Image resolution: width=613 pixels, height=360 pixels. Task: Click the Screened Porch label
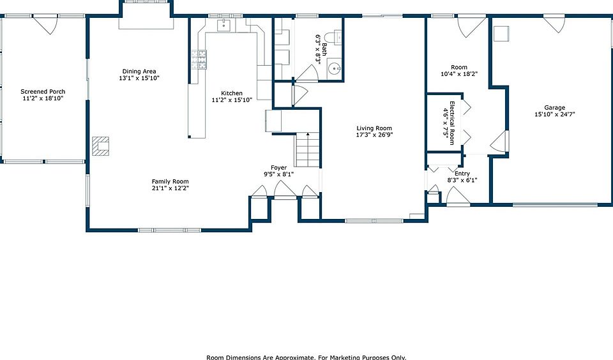[43, 91]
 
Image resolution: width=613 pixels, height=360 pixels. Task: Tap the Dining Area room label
[139, 71]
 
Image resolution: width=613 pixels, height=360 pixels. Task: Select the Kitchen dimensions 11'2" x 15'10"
[232, 100]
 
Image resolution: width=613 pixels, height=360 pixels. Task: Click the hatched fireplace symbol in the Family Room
[100, 146]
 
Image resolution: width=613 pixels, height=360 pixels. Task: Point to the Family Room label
[170, 181]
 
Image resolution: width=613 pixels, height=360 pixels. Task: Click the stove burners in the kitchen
[199, 60]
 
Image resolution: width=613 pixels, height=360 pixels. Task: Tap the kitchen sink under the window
[224, 25]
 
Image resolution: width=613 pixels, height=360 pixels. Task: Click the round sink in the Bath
[334, 68]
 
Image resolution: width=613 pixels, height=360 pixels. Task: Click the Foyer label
[279, 168]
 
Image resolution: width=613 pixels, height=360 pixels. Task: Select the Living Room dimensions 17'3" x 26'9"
[374, 135]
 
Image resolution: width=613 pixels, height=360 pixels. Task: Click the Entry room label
[462, 174]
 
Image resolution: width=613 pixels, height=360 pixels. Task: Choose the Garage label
[555, 107]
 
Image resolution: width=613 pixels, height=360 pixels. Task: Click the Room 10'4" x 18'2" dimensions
[459, 74]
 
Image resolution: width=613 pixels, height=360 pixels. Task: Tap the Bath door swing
[308, 73]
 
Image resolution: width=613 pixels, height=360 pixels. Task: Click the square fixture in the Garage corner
[501, 34]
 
